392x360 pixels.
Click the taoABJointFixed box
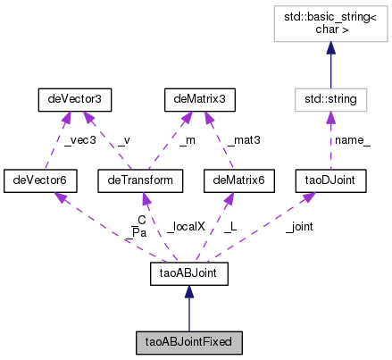[x=188, y=341]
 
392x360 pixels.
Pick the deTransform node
[x=133, y=181]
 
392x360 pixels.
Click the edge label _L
[x=229, y=228]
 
